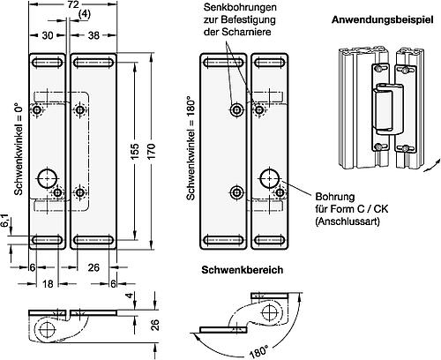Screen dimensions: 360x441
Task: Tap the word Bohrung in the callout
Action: [x=330, y=197]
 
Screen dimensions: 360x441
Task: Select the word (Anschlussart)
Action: [x=343, y=223]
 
